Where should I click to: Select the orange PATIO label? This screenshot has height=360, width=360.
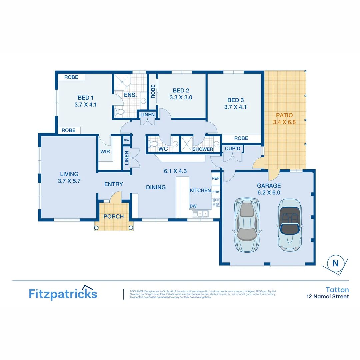[x=284, y=115]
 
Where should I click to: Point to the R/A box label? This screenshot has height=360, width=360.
[x=126, y=140]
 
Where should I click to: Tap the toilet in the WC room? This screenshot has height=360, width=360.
[x=153, y=144]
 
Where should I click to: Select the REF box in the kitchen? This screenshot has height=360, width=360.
[x=215, y=178]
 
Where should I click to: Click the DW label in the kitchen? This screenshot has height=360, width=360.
[x=193, y=206]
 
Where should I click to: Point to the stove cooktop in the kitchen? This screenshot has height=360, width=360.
[x=216, y=202]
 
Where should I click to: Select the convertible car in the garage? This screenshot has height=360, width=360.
[x=289, y=225]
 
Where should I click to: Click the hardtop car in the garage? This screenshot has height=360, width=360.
[x=247, y=225]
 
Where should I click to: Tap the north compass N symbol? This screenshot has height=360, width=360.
[x=335, y=263]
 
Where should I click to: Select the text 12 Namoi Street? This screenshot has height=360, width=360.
[x=328, y=297]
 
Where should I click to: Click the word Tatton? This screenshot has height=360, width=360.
[x=337, y=290]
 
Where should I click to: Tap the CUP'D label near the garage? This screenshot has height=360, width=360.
[x=232, y=148]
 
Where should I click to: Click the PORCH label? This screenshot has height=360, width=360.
[x=113, y=217]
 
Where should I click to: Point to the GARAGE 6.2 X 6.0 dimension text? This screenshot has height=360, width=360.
[x=269, y=193]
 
